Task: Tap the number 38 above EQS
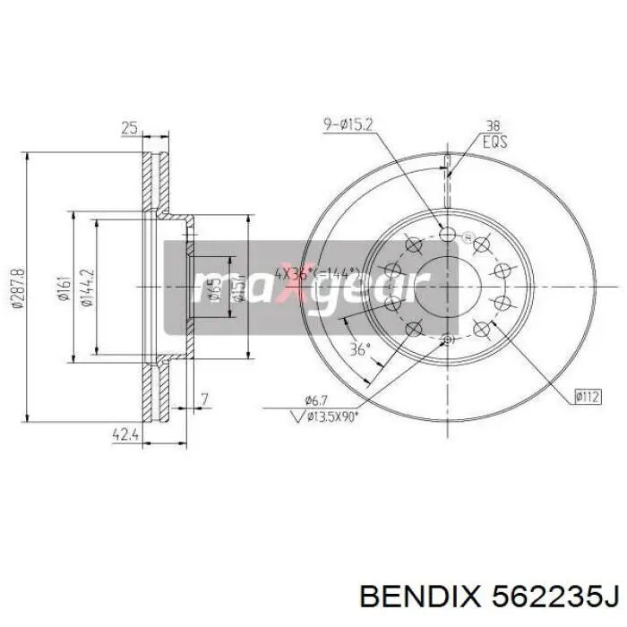pos(492,126)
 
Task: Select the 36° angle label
pos(359,350)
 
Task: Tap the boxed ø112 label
pos(587,394)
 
